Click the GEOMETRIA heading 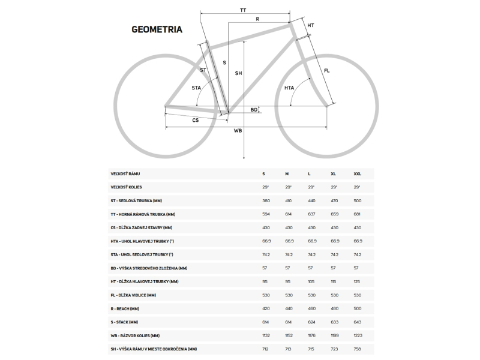point(157,28)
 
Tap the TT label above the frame point(243,11)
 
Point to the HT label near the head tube point(311,25)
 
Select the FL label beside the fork point(326,71)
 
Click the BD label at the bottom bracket point(254,110)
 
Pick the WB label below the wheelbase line point(238,131)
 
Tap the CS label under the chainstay point(196,121)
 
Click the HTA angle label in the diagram point(289,88)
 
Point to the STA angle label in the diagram point(196,88)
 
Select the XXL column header point(358,174)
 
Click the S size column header point(263,174)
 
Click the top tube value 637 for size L point(311,214)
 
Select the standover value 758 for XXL point(358,349)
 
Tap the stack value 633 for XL point(334,322)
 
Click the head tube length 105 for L point(311,281)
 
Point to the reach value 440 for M point(288,309)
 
